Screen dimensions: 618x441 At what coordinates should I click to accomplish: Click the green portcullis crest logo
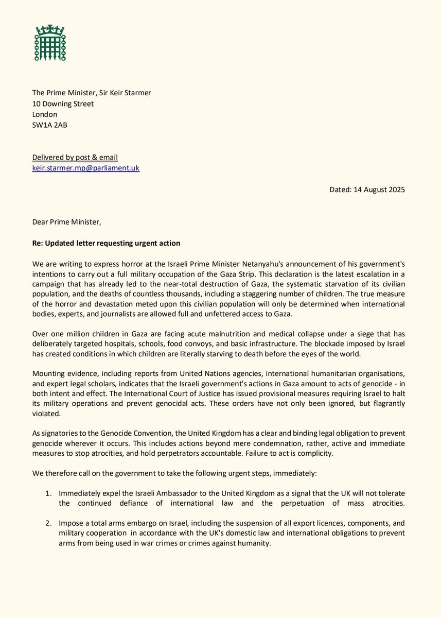pos(50,42)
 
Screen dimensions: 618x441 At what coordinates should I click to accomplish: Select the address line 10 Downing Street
pos(62,104)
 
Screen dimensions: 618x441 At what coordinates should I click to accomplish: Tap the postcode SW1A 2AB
pos(49,125)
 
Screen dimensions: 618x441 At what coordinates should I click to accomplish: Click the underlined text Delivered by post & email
pos(75,157)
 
